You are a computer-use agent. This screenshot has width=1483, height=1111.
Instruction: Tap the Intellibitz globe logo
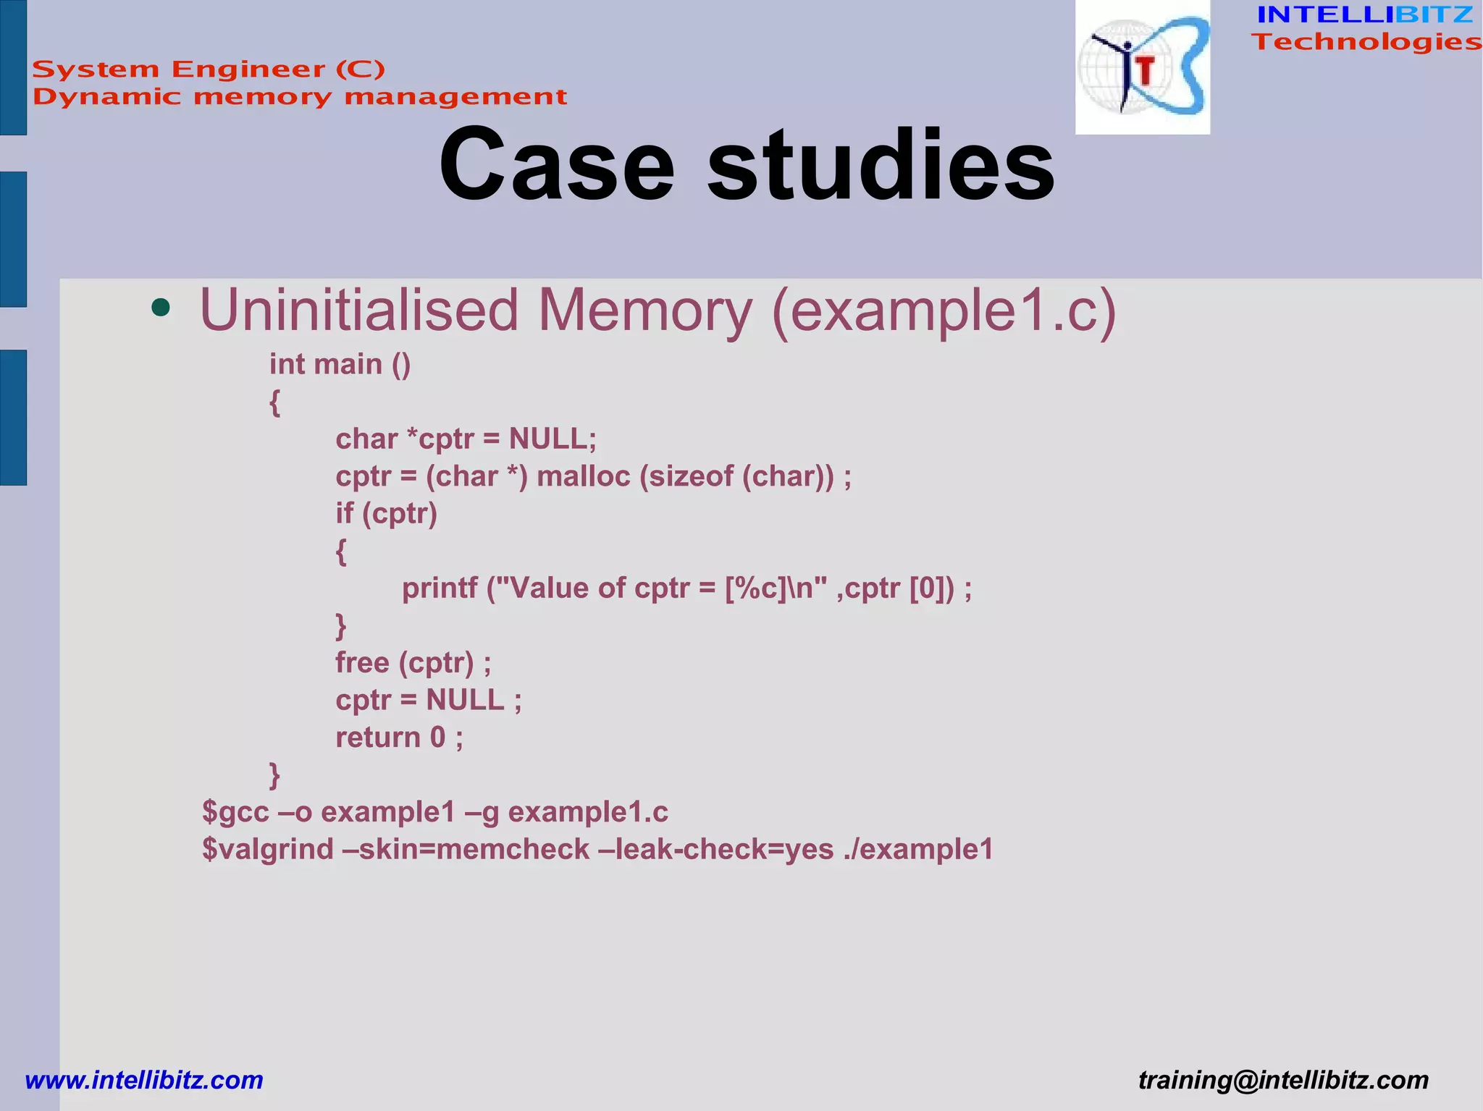coord(1142,67)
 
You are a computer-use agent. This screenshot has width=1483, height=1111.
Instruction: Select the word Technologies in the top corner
coord(1366,42)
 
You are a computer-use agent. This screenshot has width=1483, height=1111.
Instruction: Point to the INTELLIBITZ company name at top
coord(1365,14)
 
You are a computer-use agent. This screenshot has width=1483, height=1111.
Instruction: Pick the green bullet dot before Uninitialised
coord(161,308)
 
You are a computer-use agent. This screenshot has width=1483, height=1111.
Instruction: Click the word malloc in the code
coord(583,476)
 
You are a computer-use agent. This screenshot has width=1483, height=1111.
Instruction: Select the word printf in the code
coord(440,588)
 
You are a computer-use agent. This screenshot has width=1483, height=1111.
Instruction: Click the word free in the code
coord(362,662)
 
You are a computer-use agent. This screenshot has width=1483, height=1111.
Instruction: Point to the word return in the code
coord(378,737)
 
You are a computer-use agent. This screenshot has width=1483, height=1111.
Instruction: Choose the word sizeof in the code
coord(686,476)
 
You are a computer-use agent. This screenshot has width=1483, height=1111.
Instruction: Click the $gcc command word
coord(235,812)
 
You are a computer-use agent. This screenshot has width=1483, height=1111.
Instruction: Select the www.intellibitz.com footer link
coord(144,1080)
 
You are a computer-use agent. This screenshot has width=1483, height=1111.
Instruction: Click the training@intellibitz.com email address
coord(1283,1080)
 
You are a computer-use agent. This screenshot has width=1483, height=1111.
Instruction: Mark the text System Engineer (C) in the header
coord(209,69)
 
